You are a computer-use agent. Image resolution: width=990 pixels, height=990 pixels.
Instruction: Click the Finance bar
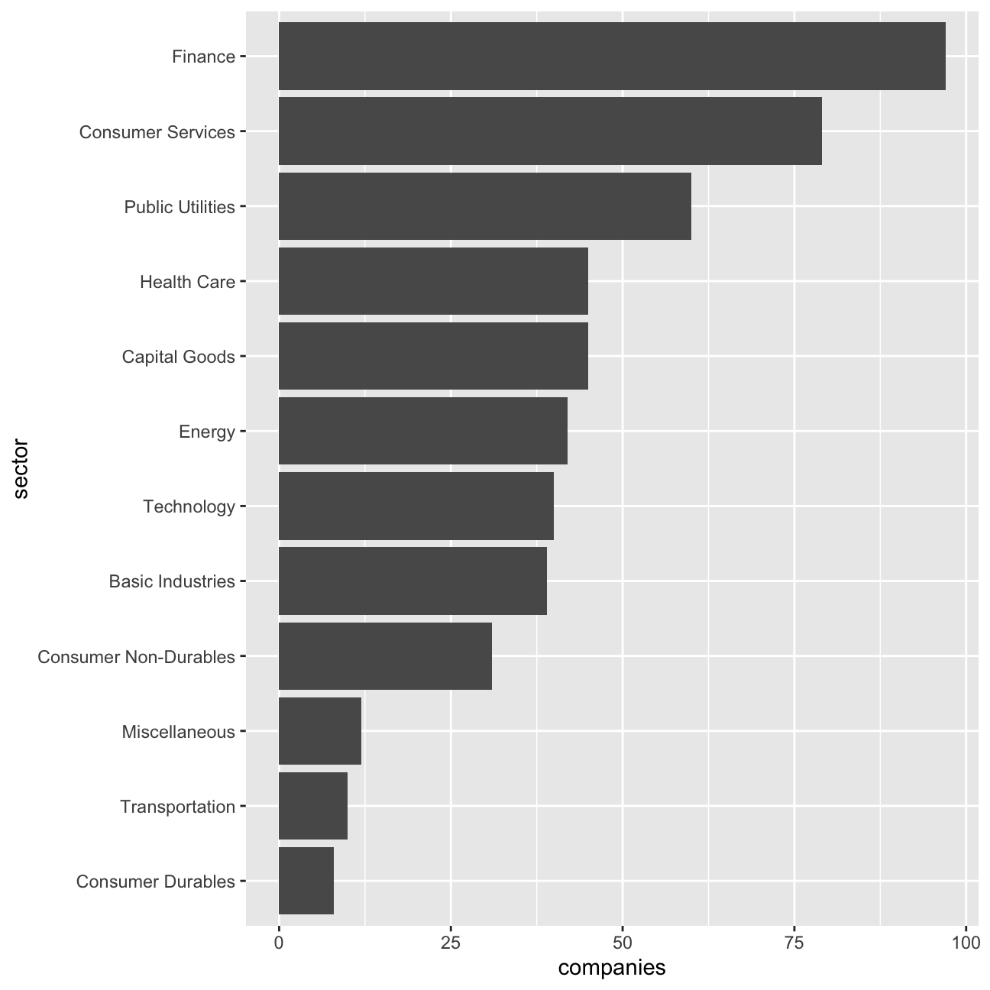[x=612, y=56]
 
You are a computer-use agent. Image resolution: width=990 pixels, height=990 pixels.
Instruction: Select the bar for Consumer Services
[x=550, y=131]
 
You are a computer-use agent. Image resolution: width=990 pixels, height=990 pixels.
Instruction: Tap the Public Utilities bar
[x=485, y=206]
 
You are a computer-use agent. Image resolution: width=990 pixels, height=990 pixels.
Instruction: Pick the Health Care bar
[x=434, y=281]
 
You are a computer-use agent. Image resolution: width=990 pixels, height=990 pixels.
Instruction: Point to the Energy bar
[x=423, y=431]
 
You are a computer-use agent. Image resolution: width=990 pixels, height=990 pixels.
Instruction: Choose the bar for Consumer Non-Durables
[x=385, y=656]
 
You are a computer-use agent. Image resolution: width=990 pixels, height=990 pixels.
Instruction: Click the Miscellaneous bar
[x=320, y=731]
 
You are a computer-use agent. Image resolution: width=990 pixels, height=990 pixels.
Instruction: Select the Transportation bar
[x=313, y=806]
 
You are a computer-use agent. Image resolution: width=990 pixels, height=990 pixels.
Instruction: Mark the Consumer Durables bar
[x=306, y=881]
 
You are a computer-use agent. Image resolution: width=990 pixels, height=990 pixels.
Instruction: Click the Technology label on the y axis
[x=189, y=506]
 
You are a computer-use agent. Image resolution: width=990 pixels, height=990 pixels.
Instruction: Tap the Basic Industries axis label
[x=172, y=581]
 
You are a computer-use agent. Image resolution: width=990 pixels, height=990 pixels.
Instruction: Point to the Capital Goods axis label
[x=178, y=357]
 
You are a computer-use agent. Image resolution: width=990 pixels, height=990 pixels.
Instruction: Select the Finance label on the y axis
[x=203, y=57]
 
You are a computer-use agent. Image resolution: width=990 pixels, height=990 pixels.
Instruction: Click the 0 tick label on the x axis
[x=279, y=943]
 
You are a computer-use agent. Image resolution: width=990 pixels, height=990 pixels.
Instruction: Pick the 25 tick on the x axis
[x=451, y=943]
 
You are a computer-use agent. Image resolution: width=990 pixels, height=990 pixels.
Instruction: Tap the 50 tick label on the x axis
[x=622, y=943]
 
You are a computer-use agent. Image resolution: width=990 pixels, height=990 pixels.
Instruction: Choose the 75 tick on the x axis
[x=794, y=943]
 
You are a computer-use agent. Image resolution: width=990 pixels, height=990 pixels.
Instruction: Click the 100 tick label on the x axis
[x=966, y=943]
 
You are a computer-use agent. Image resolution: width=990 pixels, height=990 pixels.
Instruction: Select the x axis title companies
[x=612, y=968]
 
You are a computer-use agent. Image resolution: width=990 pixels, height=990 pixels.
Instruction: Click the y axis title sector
[x=21, y=468]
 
